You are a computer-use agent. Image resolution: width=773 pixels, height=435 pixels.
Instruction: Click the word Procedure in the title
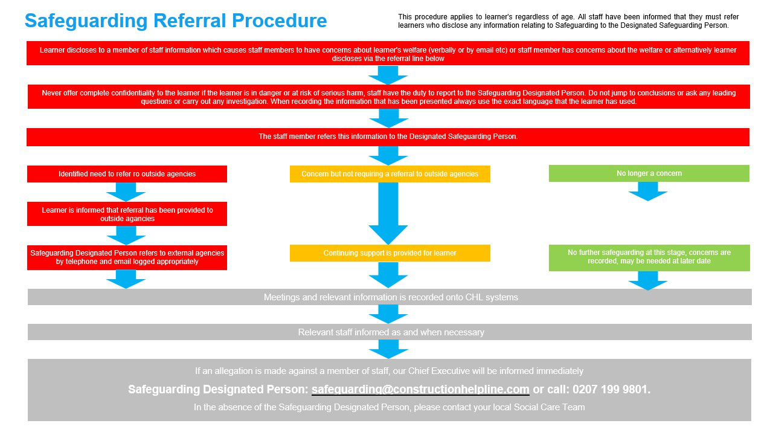[279, 21]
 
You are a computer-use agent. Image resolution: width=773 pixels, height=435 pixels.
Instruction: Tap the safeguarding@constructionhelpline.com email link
[420, 390]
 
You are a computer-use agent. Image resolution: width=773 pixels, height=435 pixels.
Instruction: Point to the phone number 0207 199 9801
[610, 390]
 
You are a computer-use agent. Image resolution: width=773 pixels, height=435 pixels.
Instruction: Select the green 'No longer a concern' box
[649, 173]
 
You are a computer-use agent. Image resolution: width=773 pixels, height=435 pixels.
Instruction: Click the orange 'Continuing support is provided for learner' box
[390, 253]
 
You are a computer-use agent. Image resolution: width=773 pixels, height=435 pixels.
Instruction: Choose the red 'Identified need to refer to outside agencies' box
[127, 174]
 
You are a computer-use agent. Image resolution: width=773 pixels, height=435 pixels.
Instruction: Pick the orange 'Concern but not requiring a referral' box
[390, 174]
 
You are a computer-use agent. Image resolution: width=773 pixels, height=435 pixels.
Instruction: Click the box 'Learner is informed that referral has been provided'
[127, 214]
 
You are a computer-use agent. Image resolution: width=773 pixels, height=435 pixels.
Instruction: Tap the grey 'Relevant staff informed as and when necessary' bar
[390, 332]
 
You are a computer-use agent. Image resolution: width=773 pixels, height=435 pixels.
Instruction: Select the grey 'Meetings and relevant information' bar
[390, 297]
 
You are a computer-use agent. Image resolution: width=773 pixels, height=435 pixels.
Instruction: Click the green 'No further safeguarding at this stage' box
[649, 258]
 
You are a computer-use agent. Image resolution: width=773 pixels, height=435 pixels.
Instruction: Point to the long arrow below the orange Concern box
[388, 213]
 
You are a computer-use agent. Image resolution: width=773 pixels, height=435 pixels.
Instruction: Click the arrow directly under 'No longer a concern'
[648, 192]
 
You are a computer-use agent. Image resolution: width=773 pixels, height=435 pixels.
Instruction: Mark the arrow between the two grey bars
[388, 314]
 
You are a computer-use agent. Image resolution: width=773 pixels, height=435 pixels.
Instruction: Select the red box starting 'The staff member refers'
[388, 137]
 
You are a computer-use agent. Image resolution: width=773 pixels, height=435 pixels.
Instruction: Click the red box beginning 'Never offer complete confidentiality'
[389, 97]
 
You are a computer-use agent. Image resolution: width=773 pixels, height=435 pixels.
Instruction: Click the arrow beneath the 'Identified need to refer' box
[126, 192]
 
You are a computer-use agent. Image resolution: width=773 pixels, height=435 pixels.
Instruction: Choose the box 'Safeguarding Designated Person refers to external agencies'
[127, 257]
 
